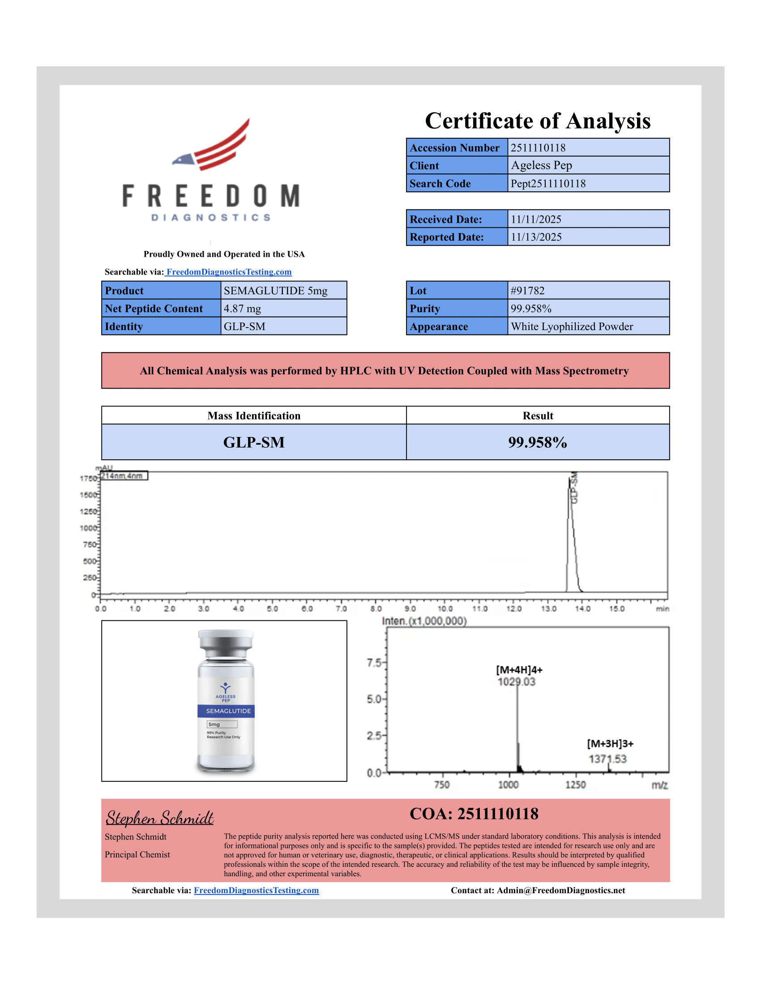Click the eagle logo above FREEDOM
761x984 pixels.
pos(212,145)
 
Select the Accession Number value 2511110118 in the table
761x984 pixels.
pos(538,148)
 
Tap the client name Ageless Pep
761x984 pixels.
pos(541,165)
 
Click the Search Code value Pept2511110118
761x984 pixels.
pos(548,183)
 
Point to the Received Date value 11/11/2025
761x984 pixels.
pos(535,220)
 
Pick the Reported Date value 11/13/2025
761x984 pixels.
pos(535,237)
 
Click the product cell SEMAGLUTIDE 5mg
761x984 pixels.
pos(275,291)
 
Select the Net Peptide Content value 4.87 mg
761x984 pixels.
pos(242,309)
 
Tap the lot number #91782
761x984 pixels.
pos(527,291)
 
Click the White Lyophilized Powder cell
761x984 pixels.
pos(572,327)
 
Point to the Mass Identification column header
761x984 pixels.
pos(254,416)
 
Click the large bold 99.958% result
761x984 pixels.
pos(537,442)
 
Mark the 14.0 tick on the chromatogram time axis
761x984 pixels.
pos(582,609)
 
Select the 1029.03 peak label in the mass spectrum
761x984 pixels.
pos(517,682)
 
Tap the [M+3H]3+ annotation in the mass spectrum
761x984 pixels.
pos(610,744)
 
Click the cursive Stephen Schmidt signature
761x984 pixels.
pos(160,818)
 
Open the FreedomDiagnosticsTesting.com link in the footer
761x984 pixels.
pos(256,890)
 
